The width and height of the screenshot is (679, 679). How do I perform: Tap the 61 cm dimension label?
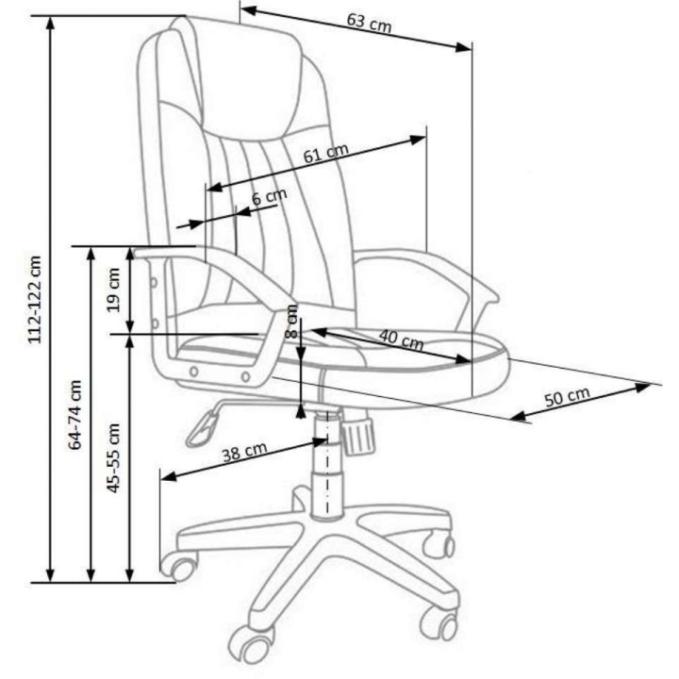tap(325, 153)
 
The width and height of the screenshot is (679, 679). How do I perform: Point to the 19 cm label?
tap(113, 290)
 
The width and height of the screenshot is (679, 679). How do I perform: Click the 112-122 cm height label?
tap(35, 300)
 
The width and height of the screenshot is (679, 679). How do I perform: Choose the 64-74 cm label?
tap(75, 415)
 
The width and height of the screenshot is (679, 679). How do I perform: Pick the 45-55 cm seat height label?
tap(113, 458)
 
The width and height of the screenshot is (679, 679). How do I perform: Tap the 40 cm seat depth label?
tap(401, 339)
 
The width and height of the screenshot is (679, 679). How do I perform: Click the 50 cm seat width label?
tap(567, 397)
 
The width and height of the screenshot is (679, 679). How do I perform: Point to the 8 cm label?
tap(292, 322)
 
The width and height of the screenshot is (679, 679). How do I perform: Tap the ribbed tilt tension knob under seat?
tap(357, 436)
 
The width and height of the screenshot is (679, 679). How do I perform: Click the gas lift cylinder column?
tap(326, 463)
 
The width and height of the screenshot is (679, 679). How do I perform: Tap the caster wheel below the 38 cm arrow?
tap(179, 566)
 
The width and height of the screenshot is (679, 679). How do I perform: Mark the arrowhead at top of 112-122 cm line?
tap(51, 24)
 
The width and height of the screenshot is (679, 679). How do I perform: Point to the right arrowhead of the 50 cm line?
tap(643, 387)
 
